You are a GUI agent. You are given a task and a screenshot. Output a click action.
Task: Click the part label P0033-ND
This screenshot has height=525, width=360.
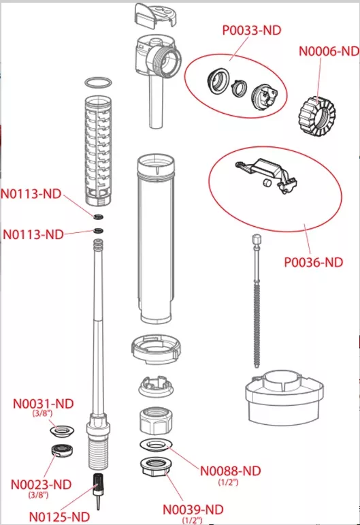[252, 30]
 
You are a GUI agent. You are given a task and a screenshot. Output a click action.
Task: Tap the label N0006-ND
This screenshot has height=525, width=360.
[329, 51]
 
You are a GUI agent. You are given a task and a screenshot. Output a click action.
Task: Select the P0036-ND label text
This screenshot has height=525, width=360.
[314, 262]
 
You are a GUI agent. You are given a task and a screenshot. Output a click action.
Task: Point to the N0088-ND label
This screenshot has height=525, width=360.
[230, 471]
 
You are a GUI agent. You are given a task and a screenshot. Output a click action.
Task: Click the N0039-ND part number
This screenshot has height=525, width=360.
[193, 509]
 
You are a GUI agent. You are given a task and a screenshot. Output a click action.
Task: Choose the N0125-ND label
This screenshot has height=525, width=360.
[59, 517]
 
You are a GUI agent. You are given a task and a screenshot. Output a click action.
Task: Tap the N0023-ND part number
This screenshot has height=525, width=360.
[41, 485]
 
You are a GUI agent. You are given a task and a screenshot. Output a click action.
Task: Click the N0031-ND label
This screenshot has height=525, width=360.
[43, 404]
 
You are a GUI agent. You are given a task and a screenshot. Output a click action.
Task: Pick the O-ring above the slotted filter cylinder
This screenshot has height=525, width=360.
[98, 78]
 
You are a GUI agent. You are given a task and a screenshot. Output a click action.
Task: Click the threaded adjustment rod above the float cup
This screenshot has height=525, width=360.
[257, 301]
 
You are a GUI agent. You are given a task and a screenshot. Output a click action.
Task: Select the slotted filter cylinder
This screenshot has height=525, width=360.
[98, 150]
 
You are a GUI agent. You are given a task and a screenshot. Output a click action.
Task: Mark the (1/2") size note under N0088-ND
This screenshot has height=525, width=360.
[228, 482]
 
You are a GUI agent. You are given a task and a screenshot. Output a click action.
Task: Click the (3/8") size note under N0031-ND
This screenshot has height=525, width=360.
[42, 413]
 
